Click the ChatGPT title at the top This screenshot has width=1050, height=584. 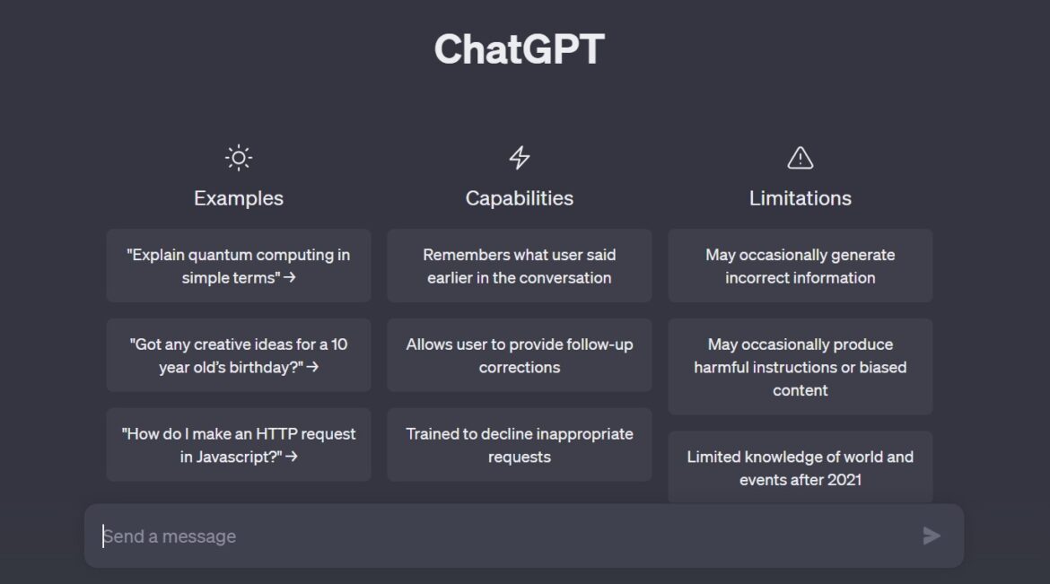(x=519, y=49)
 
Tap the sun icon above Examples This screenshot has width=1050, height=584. (x=238, y=159)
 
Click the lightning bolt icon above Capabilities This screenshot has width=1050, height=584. (x=520, y=159)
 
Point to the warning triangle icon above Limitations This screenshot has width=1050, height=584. (x=800, y=159)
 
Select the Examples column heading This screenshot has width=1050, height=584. (x=238, y=198)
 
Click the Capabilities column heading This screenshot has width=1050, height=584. (x=519, y=198)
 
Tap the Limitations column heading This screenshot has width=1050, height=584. (x=800, y=198)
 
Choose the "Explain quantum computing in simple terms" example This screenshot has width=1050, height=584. (x=238, y=266)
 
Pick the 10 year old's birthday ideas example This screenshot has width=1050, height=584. (x=238, y=355)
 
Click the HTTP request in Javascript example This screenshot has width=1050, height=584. (x=238, y=445)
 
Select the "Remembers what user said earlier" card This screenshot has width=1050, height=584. (x=519, y=266)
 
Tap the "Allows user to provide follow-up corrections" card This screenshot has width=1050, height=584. (x=519, y=355)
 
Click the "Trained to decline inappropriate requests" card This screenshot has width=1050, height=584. (x=519, y=445)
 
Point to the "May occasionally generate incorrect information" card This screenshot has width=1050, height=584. (x=800, y=266)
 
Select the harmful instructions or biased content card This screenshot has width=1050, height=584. (x=800, y=367)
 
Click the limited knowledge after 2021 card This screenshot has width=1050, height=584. (x=800, y=467)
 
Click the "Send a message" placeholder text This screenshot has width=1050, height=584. (x=170, y=536)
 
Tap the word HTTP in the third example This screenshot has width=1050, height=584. (x=277, y=434)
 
